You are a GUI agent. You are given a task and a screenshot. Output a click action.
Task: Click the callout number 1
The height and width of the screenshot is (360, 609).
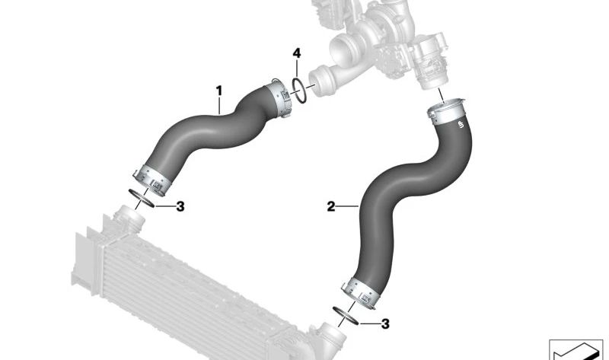pos(219,91)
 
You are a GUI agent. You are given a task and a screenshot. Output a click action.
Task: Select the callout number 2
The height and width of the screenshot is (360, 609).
pos(331,206)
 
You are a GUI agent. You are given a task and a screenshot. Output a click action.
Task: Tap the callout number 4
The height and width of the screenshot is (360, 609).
pos(296,53)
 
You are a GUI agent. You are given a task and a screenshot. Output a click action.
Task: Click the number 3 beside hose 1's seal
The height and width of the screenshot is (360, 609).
pos(180,206)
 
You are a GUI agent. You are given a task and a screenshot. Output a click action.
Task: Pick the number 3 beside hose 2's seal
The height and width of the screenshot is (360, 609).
pos(385,324)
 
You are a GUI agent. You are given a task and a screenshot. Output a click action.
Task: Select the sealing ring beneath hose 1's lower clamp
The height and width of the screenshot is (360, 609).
pos(141,199)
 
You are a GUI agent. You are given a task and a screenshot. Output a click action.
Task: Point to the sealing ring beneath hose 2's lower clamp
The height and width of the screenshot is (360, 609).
pos(346,315)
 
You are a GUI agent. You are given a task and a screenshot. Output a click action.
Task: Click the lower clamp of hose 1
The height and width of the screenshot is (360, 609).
pos(151,180)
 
